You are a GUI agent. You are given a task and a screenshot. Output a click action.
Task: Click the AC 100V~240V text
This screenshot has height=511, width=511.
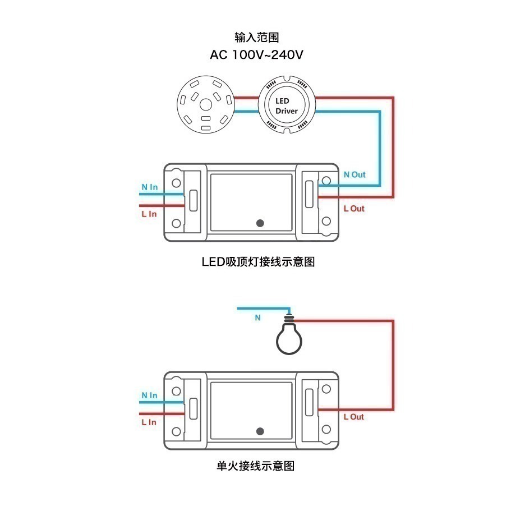pyautogui.click(x=256, y=55)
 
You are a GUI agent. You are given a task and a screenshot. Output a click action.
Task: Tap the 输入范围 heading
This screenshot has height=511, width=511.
pyautogui.click(x=256, y=38)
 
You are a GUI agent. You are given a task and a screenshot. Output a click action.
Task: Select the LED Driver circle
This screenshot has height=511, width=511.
pyautogui.click(x=287, y=105)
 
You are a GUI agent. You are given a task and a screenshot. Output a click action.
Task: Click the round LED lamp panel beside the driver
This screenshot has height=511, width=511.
pyautogui.click(x=205, y=105)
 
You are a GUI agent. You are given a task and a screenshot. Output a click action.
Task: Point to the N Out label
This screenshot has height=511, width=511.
pyautogui.click(x=354, y=174)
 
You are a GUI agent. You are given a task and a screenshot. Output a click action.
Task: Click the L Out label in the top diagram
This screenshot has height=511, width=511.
pyautogui.click(x=353, y=209)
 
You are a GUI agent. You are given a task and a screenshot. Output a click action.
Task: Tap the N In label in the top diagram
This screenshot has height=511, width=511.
pyautogui.click(x=149, y=187)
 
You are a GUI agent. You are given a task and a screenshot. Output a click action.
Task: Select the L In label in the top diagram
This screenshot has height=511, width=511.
pyautogui.click(x=149, y=214)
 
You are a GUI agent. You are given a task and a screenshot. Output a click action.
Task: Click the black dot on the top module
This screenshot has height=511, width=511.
pyautogui.click(x=260, y=223)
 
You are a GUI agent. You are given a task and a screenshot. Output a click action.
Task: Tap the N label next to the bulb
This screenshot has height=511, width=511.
pyautogui.click(x=258, y=317)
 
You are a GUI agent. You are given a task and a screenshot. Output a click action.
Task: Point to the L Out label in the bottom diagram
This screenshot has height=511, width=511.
pyautogui.click(x=353, y=417)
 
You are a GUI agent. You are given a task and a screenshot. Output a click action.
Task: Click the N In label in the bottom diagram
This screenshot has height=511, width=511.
pyautogui.click(x=149, y=395)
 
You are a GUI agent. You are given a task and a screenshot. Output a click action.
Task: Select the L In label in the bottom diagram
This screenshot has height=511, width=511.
pyautogui.click(x=149, y=422)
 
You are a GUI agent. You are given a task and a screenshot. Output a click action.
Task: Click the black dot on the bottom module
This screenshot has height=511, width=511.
pyautogui.click(x=260, y=431)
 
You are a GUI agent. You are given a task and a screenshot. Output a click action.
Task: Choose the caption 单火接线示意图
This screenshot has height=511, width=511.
pyautogui.click(x=255, y=466)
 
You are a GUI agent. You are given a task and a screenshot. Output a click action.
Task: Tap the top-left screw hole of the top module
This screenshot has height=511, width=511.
pyautogui.click(x=176, y=183)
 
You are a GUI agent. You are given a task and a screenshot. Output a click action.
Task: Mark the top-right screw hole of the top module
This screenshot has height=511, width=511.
pyautogui.click(x=325, y=183)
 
